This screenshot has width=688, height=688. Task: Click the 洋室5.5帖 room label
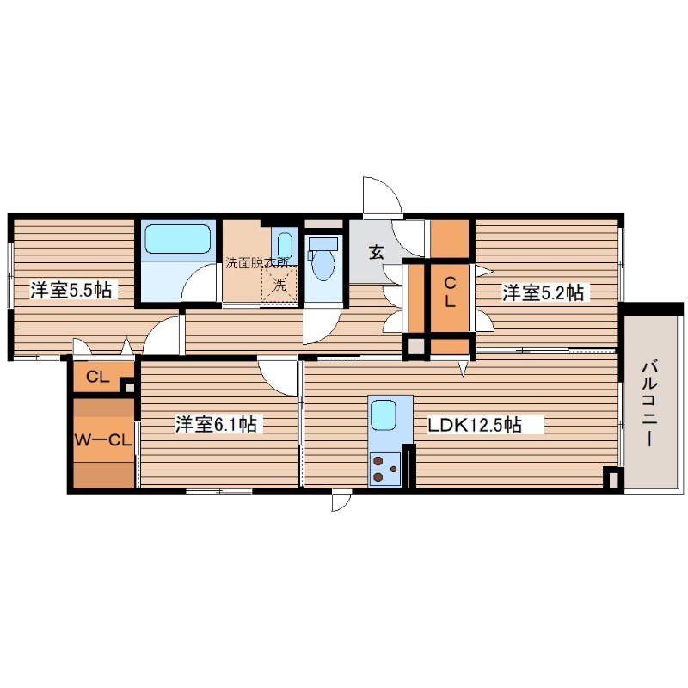[x=71, y=290]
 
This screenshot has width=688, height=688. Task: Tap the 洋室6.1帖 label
[x=216, y=424]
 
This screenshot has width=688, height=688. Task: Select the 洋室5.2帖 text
[x=543, y=292]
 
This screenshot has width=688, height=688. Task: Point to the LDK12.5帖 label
[x=475, y=425]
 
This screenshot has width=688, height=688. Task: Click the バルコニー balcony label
[x=650, y=402]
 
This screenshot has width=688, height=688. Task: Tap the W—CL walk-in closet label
[x=103, y=440]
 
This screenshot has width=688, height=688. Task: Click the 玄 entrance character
[x=377, y=252]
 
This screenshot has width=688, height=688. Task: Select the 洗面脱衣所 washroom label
[x=257, y=263]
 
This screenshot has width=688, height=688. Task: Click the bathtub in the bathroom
[x=177, y=239]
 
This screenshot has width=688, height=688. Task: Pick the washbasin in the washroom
[x=285, y=244]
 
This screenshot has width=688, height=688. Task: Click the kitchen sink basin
[x=384, y=415]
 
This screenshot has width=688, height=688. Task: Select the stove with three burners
[x=384, y=469]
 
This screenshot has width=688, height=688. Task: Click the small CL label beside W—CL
[x=98, y=377]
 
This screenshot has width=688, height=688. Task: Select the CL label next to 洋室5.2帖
[x=450, y=292]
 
